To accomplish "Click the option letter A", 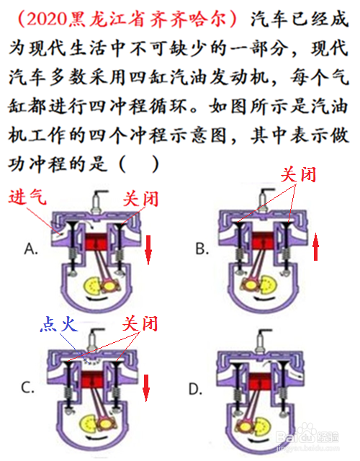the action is [x=31, y=249].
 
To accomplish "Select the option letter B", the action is [x=202, y=249].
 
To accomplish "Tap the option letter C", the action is [x=28, y=388].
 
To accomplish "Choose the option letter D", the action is [x=195, y=389].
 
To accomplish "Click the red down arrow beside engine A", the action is [x=148, y=250].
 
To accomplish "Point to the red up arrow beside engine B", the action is [x=315, y=246].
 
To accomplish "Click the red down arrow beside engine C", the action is [x=146, y=388].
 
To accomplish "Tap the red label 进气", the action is [x=27, y=197].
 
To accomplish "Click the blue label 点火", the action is [x=59, y=324].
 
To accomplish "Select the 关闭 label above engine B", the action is [x=298, y=174].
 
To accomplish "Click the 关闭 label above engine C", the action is [x=140, y=323].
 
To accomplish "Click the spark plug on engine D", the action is [x=261, y=340].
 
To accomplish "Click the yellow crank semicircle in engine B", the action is [x=269, y=284].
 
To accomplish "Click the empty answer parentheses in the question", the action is [x=139, y=164].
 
